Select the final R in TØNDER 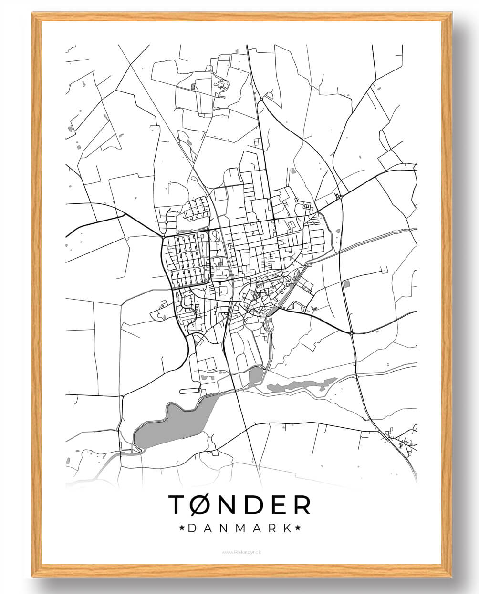pyautogui.click(x=302, y=505)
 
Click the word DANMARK pyautogui.click(x=240, y=528)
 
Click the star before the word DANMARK pyautogui.click(x=182, y=528)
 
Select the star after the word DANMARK pyautogui.click(x=298, y=528)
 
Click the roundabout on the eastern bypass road pyautogui.click(x=351, y=333)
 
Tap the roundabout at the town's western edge pyautogui.click(x=163, y=236)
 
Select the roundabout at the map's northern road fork pyautogui.click(x=261, y=100)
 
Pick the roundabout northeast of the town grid pyautogui.click(x=341, y=196)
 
